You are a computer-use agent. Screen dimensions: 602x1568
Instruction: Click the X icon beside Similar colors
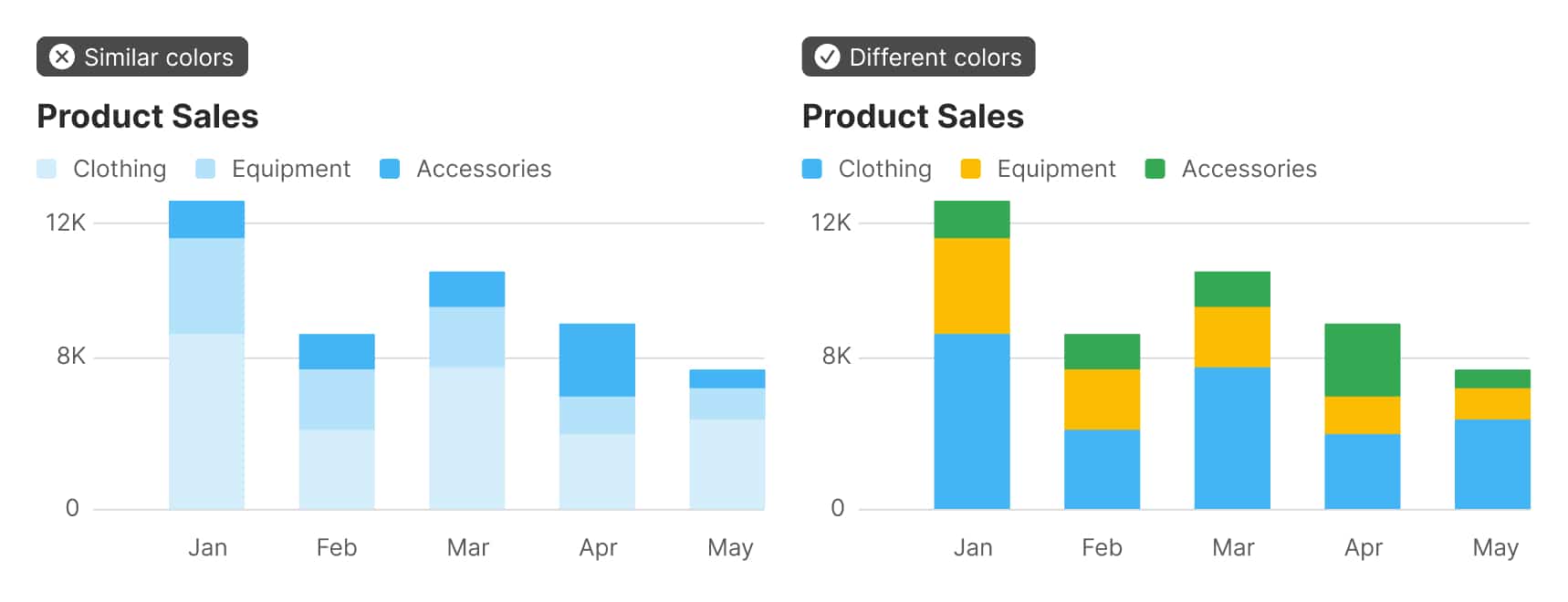tap(62, 57)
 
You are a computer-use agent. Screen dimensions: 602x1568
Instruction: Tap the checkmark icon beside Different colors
tap(827, 57)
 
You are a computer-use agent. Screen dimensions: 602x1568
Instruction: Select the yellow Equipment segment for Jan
tap(971, 285)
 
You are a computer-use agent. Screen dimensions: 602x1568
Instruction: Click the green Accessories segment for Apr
tap(1362, 359)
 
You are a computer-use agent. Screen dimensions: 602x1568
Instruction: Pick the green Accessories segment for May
tap(1492, 379)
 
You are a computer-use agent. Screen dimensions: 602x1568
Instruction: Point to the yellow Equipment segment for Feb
tap(1102, 399)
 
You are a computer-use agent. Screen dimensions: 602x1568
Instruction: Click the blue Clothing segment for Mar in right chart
tap(1232, 438)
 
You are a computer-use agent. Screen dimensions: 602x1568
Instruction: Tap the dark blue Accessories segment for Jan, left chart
tap(206, 219)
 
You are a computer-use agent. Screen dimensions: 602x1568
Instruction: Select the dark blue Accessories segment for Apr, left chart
tap(597, 359)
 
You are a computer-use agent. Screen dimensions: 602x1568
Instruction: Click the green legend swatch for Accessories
tap(1155, 169)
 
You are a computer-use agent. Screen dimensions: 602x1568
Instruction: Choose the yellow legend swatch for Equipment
tap(970, 169)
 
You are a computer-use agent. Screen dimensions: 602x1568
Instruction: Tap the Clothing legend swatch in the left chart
tap(47, 169)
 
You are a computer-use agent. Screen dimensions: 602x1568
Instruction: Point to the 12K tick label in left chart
tap(66, 223)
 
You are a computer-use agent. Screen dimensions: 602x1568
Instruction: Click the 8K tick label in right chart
tap(836, 356)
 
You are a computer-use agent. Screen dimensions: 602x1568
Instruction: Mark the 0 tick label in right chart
tap(837, 508)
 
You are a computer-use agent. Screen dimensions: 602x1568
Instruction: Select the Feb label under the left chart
tap(336, 547)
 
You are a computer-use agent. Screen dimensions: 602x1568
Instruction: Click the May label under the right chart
tap(1495, 547)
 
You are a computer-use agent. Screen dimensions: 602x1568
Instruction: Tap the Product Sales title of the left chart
tap(148, 117)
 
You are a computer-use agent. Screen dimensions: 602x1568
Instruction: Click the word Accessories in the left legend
tap(484, 169)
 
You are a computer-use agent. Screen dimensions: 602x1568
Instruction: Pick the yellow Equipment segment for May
tap(1492, 403)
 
